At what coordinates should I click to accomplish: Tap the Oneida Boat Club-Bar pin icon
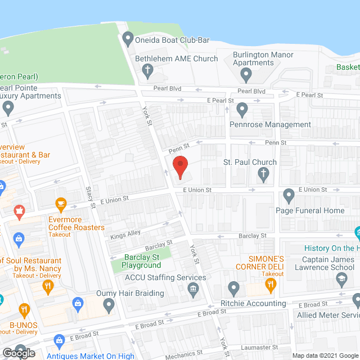(128, 39)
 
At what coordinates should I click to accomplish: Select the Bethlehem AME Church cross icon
(147, 70)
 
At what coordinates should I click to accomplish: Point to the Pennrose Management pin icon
(242, 109)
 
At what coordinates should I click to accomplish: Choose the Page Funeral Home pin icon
(289, 196)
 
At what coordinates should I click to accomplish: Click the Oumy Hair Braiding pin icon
(109, 305)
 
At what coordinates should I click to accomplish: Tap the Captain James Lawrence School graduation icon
(341, 278)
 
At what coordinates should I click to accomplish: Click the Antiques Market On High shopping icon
(59, 340)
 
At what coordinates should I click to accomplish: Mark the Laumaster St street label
(256, 347)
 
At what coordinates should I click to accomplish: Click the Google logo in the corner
(18, 353)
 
